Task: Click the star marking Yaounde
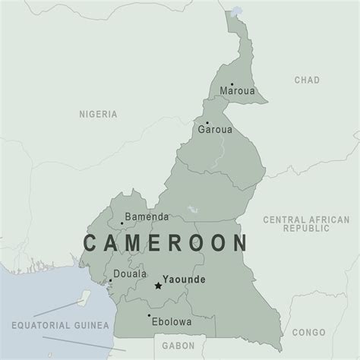(x=158, y=286)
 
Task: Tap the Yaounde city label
(x=184, y=279)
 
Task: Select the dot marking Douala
(x=110, y=280)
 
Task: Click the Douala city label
(x=130, y=273)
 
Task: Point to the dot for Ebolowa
(x=149, y=315)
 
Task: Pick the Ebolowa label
(x=171, y=321)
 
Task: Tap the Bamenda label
(x=147, y=216)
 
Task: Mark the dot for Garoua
(x=207, y=122)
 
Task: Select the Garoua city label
(x=214, y=130)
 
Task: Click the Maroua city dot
(x=232, y=84)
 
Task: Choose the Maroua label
(x=237, y=91)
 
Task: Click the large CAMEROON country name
(x=165, y=243)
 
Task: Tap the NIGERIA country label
(x=99, y=114)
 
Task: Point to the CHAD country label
(x=306, y=80)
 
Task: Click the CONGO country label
(x=308, y=333)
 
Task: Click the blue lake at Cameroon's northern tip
(x=237, y=13)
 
